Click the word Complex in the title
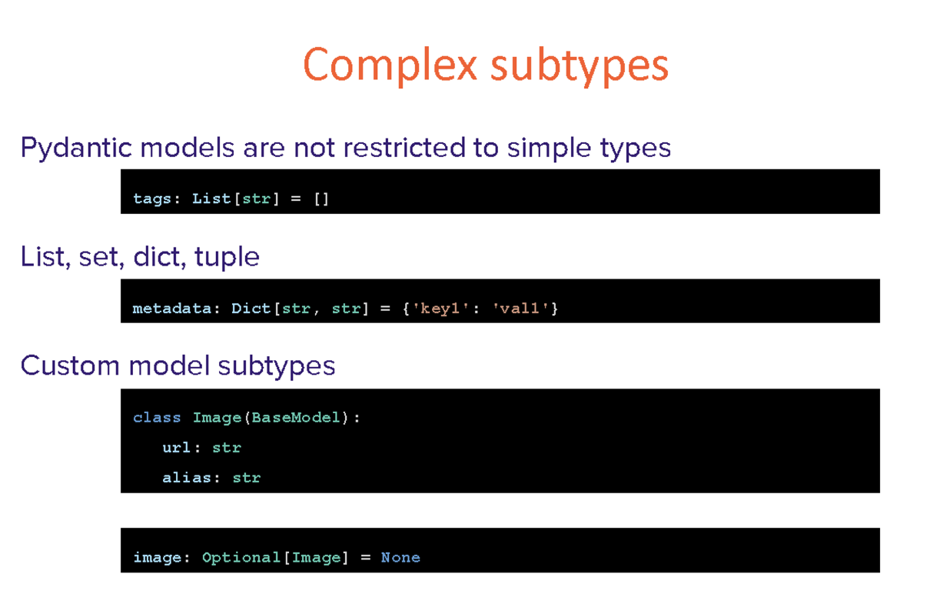[x=390, y=65]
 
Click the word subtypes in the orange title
[x=580, y=66]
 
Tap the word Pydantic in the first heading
[x=76, y=148]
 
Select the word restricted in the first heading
[x=404, y=147]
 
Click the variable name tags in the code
[x=152, y=199]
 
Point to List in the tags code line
[x=211, y=199]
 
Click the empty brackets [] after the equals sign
[x=321, y=199]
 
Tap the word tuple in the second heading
[x=227, y=257]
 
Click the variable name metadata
[x=171, y=309]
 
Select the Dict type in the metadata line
[x=251, y=309]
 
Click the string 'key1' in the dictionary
[x=440, y=309]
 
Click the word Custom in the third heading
[x=70, y=365]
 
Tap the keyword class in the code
[x=157, y=418]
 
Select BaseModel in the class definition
[x=296, y=418]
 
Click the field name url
[x=177, y=448]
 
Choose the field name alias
[x=187, y=478]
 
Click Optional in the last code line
[x=241, y=558]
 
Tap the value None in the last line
[x=400, y=558]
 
